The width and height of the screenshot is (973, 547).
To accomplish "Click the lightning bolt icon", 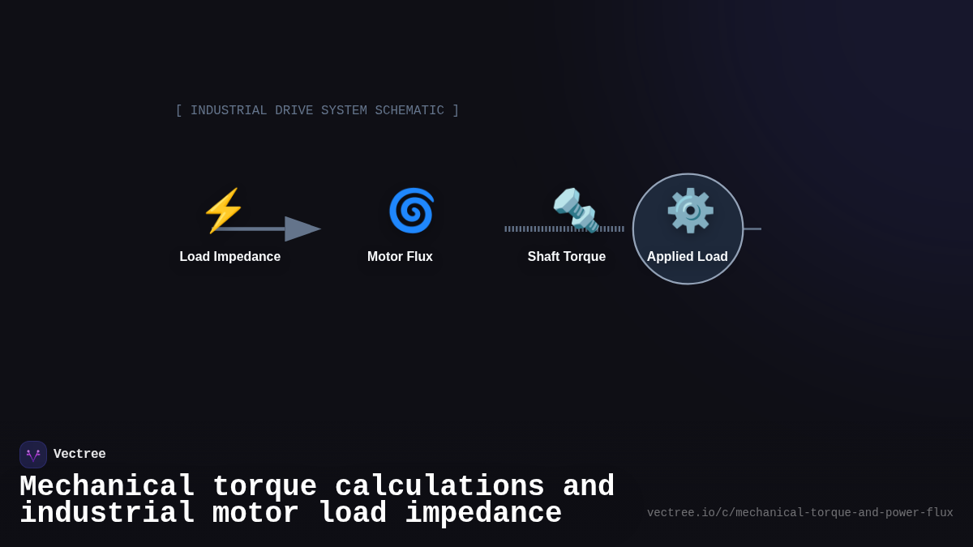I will tap(223, 211).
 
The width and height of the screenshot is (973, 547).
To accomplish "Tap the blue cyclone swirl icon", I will tap(411, 211).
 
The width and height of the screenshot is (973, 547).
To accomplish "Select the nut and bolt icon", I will tap(575, 210).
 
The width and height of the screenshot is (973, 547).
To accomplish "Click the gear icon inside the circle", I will tap(690, 211).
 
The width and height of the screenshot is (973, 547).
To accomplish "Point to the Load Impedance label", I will tap(230, 257).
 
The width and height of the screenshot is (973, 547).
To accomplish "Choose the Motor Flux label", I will tap(400, 257).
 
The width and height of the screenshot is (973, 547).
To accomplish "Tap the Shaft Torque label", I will tap(567, 257).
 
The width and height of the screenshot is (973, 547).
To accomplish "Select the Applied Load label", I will tap(688, 257).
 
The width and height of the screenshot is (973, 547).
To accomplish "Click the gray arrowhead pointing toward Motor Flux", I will tap(302, 229).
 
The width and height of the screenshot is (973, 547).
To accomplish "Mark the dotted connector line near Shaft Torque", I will tap(527, 229).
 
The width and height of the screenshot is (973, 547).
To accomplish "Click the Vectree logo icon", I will tap(33, 455).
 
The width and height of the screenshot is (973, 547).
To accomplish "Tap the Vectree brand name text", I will tap(79, 455).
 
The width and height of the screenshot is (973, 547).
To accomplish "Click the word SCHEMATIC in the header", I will tap(409, 111).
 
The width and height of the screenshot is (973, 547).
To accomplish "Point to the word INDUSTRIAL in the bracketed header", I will tap(229, 111).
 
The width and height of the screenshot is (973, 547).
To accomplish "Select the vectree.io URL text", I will tap(799, 513).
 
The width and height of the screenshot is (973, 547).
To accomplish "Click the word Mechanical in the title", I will tap(107, 487).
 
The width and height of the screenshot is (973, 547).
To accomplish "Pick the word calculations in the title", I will tap(439, 487).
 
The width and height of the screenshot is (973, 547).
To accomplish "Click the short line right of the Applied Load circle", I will tap(752, 229).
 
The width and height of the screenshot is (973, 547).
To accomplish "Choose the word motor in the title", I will tap(255, 514).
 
